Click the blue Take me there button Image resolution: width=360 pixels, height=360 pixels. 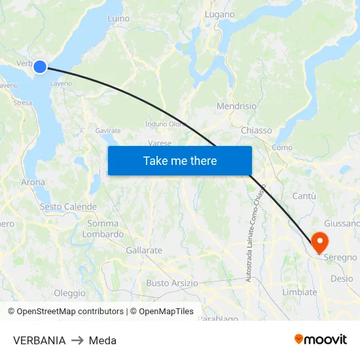(x=180, y=160)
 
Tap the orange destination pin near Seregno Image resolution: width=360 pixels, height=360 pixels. (x=320, y=243)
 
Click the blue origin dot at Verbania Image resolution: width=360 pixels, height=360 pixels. (x=40, y=66)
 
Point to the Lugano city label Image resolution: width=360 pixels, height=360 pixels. (x=220, y=14)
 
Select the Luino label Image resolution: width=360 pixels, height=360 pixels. (x=118, y=19)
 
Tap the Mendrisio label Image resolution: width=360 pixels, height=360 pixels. (x=236, y=106)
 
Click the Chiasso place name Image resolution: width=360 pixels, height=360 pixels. (x=256, y=130)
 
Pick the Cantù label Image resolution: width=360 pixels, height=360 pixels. (x=304, y=196)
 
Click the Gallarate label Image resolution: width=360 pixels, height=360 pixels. (x=144, y=250)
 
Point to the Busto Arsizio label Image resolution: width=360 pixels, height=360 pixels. (x=171, y=283)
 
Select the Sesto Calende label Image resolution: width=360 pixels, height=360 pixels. (x=68, y=207)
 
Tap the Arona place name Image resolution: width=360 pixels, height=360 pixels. (x=33, y=183)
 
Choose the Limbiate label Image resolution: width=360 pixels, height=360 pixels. (x=299, y=292)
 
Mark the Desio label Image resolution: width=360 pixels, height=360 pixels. (x=341, y=278)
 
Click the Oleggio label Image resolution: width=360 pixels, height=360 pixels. (x=69, y=293)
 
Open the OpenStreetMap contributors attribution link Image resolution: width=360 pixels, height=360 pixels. (x=65, y=312)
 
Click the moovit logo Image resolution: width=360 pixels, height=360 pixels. (x=321, y=339)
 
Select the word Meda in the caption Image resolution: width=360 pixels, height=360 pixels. (x=103, y=340)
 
